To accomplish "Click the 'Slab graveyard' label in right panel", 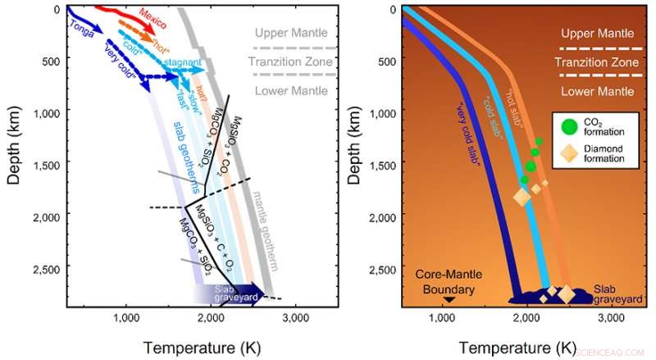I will click(615, 294).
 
